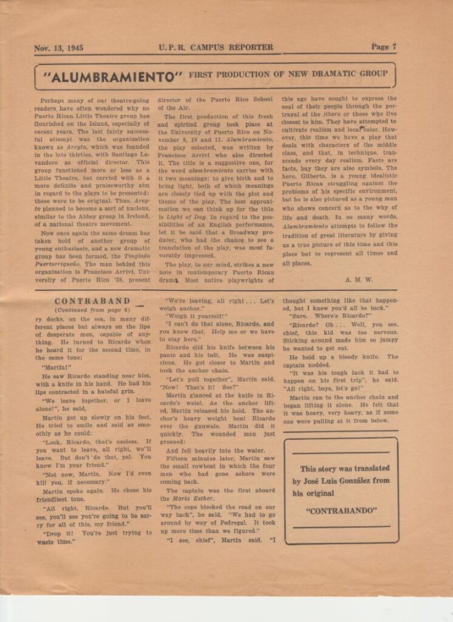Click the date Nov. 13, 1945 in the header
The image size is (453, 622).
(58, 47)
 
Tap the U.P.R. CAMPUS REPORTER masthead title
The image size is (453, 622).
(216, 47)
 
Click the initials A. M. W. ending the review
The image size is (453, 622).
(359, 279)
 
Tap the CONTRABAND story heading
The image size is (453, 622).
(92, 301)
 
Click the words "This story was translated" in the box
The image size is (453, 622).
(344, 468)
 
